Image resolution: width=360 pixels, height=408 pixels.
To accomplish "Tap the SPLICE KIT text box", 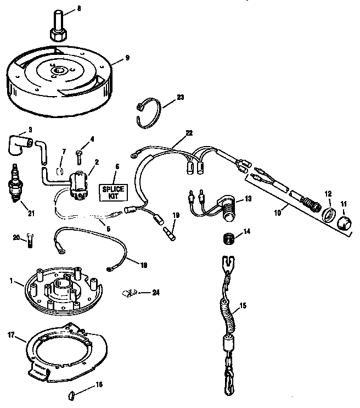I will (113, 192).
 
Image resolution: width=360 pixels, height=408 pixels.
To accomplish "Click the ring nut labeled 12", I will (329, 214).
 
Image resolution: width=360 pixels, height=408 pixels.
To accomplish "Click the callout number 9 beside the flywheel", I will (127, 57).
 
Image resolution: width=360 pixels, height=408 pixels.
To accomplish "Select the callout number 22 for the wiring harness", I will (189, 133).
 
